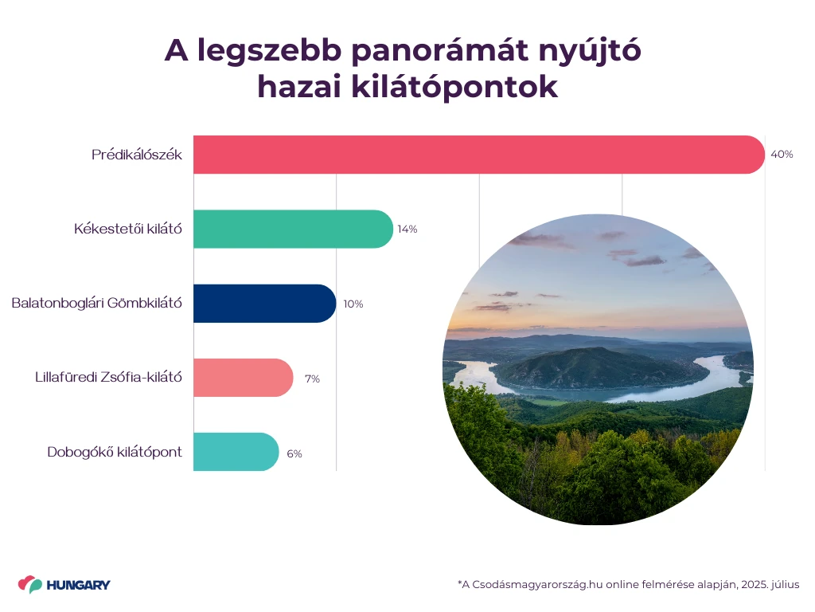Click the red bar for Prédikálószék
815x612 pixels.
click(478, 155)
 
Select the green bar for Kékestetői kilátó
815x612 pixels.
click(293, 229)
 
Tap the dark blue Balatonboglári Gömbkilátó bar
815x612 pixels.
click(264, 304)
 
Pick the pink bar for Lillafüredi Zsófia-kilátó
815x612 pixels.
click(244, 378)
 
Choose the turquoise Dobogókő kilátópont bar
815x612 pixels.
click(236, 453)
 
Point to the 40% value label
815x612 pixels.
click(782, 155)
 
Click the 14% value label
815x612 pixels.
click(407, 229)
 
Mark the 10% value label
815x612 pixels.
click(353, 304)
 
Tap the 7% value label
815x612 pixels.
click(312, 379)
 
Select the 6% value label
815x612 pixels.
click(294, 453)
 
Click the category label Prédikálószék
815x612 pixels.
click(137, 155)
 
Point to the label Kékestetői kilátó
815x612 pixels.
click(128, 229)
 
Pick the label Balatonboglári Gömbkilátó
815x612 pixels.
click(96, 303)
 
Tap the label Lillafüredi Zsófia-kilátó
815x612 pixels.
click(108, 377)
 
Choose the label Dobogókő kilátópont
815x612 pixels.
click(115, 452)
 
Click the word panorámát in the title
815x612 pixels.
click(439, 52)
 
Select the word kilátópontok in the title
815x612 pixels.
click(454, 87)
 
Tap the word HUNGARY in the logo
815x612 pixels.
click(79, 585)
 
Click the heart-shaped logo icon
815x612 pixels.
click(30, 584)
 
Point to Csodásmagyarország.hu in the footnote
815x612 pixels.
click(537, 584)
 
